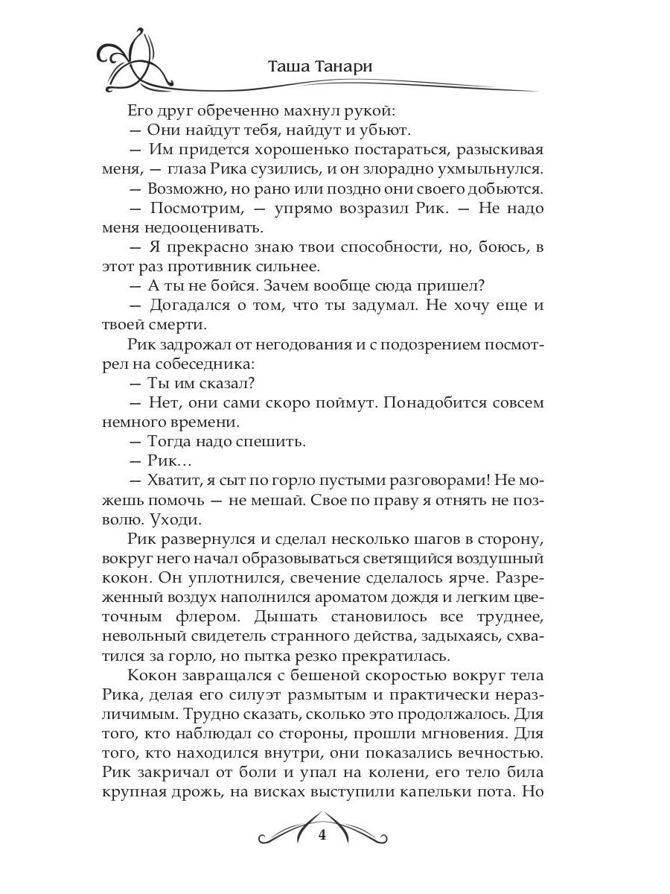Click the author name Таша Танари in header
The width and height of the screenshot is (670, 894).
click(x=321, y=66)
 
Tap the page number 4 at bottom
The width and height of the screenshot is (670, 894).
click(x=322, y=835)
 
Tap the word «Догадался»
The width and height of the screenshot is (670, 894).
click(x=194, y=305)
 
